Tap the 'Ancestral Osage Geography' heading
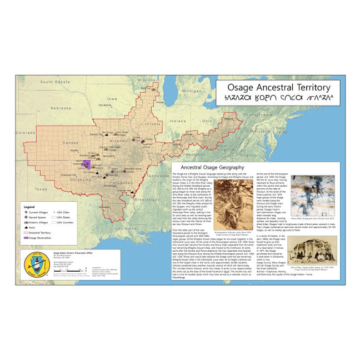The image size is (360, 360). pos(209,167)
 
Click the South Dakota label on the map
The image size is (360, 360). pos(53,82)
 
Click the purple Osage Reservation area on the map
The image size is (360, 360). pos(87,164)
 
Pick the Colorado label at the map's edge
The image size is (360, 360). pos(24,133)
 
